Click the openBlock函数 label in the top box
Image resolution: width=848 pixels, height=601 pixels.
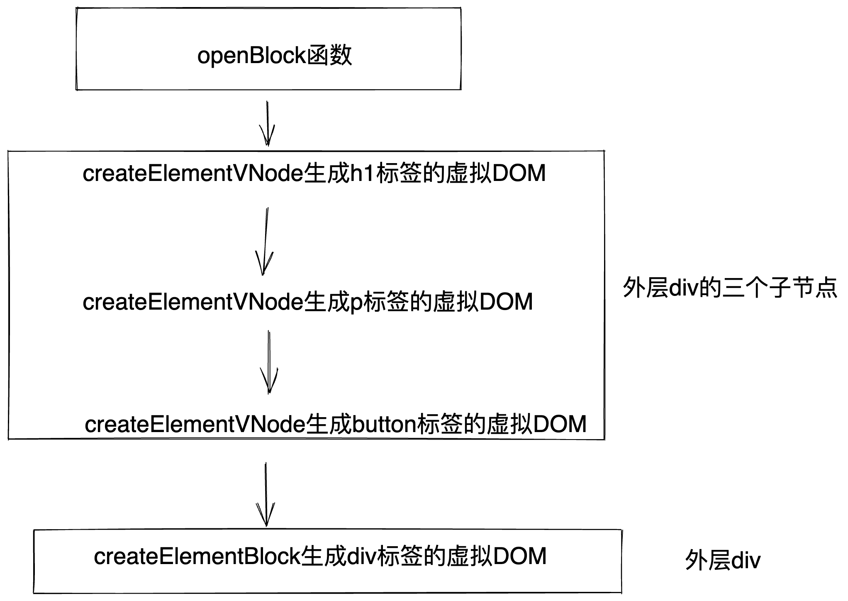pos(275,56)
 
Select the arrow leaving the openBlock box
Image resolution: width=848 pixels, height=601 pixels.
pos(267,123)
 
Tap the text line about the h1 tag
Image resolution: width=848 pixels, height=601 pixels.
pos(314,173)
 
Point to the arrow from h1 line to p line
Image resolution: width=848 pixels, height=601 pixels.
pos(265,242)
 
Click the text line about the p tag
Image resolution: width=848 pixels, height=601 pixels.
pos(308,302)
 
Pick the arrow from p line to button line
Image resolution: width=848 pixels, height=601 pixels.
pos(269,362)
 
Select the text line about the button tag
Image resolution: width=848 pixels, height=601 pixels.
pos(336,424)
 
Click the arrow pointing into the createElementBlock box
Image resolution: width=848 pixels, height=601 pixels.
pos(266,495)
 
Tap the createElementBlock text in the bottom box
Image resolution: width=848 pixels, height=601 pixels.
pos(320,556)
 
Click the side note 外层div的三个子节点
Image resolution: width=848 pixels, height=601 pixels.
pos(730,287)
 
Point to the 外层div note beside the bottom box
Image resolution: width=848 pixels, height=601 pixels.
pos(723,560)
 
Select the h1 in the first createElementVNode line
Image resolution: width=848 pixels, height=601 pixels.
pos(363,173)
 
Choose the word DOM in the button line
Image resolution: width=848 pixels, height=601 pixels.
pos(560,424)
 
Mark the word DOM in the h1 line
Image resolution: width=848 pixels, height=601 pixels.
pos(519,173)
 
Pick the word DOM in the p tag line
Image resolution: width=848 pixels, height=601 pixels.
pos(507,302)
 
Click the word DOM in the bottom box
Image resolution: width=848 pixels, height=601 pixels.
pos(520,556)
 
